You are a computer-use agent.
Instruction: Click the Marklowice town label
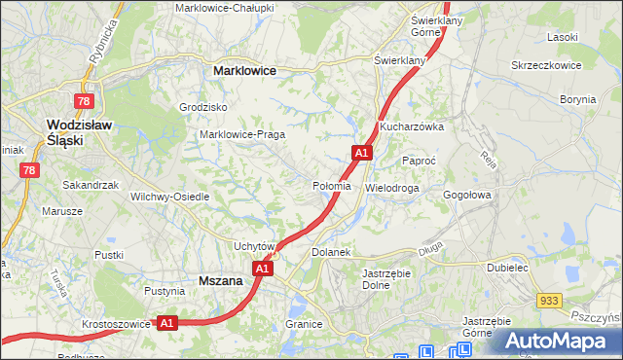point(244,71)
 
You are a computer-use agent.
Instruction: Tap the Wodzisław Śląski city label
point(80,132)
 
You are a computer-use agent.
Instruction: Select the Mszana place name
point(219,280)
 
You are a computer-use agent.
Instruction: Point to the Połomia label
point(332,186)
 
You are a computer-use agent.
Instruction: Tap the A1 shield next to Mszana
point(261,269)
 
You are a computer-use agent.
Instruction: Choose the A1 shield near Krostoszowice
point(166,322)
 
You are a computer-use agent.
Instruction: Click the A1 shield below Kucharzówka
point(361,153)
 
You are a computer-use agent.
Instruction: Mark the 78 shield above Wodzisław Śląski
point(85,101)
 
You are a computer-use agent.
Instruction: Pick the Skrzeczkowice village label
point(546,65)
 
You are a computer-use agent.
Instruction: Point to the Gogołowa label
point(470,195)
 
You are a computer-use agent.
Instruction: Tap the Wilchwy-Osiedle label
point(170,196)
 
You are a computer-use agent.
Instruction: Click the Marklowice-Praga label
point(240,134)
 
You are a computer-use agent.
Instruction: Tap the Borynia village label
point(577,99)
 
